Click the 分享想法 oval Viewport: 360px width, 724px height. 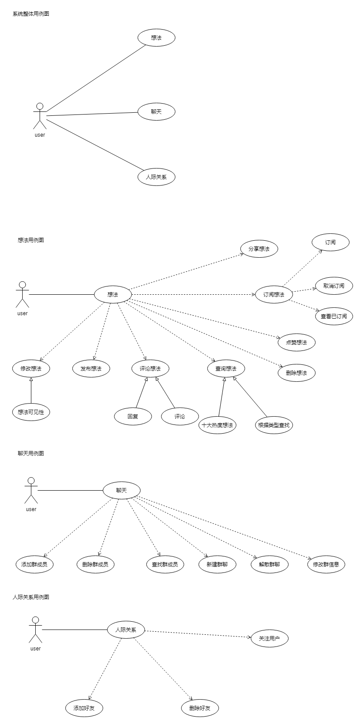259,249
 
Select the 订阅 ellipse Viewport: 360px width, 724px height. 330,242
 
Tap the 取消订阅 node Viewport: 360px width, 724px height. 334,286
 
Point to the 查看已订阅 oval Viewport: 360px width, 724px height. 334,317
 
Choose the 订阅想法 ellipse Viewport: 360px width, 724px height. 274,295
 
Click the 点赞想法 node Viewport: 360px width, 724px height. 296,343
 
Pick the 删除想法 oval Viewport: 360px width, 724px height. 296,373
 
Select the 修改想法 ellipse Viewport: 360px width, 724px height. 31,369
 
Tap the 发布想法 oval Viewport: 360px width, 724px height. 91,369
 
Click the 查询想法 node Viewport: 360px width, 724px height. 226,369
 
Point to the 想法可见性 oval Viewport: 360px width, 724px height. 31,412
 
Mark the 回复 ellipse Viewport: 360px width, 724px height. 133,417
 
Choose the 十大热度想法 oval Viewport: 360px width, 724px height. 217,425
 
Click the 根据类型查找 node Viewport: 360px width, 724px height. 274,425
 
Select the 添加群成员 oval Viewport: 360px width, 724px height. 34,565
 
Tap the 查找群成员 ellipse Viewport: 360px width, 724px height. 165,565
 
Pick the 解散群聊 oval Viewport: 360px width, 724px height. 269,565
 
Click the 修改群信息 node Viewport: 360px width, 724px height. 326,565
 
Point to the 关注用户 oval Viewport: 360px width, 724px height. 269,639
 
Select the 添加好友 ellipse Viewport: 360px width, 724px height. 84,708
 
